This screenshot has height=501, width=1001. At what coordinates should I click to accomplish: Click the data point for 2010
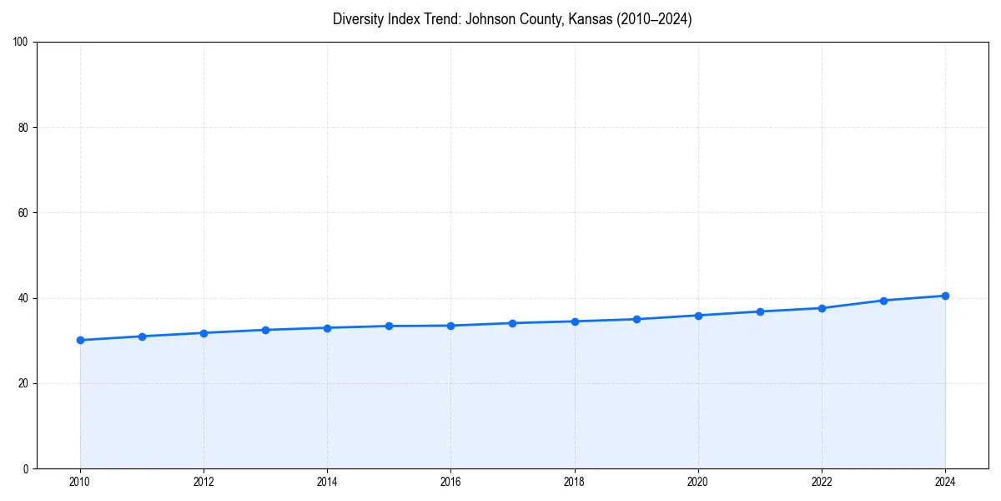(80, 340)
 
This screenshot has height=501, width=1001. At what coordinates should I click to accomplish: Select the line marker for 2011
(142, 337)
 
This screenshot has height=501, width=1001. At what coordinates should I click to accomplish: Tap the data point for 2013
(265, 330)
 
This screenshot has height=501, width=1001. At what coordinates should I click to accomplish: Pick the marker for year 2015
(389, 326)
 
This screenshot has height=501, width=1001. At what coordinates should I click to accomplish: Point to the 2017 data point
(512, 323)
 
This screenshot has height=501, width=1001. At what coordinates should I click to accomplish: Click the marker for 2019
(636, 319)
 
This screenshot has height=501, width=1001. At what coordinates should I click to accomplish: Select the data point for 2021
(760, 311)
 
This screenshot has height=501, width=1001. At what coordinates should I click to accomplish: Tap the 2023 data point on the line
(883, 301)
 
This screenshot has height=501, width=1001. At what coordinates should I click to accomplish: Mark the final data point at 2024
(945, 296)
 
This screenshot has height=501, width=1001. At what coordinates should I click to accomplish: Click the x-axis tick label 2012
(204, 482)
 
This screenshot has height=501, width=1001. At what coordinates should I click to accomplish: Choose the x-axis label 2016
(450, 482)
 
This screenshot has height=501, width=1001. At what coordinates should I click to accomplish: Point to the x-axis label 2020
(698, 482)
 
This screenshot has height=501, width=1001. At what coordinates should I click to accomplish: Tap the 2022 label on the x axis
(822, 482)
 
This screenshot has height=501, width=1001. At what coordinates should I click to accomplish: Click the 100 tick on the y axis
(21, 43)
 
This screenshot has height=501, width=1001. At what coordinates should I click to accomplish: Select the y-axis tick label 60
(23, 213)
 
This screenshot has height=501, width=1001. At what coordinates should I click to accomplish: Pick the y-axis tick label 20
(23, 383)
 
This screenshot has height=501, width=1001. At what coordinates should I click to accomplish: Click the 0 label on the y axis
(26, 468)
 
